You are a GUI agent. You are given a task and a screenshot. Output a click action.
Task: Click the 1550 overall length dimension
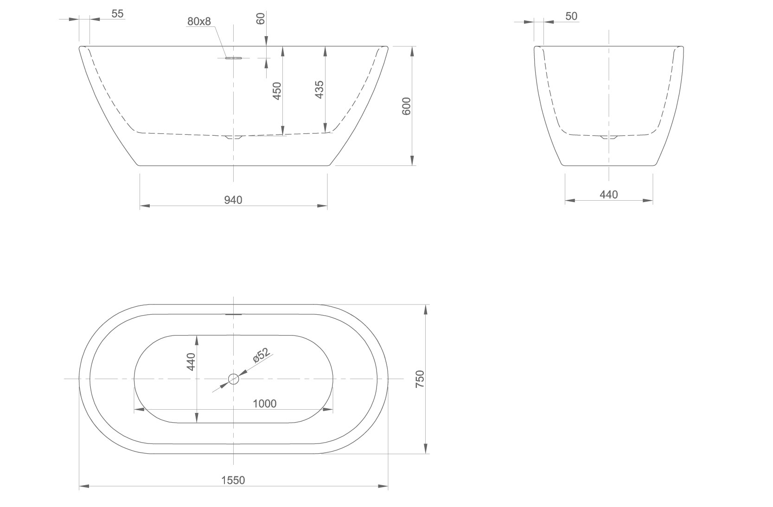tap(233, 480)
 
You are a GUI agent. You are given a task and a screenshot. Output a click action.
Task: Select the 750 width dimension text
tap(420, 379)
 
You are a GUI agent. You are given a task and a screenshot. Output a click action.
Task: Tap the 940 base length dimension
tap(233, 200)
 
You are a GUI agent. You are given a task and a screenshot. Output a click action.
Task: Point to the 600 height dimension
tap(407, 106)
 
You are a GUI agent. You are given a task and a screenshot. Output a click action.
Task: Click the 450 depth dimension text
tap(277, 91)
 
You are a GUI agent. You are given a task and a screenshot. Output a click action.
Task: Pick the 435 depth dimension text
tap(319, 89)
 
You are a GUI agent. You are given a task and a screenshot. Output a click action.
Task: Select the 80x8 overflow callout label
tap(199, 21)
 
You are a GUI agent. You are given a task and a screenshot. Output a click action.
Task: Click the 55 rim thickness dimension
tap(118, 14)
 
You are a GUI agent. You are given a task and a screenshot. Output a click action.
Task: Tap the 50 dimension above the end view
tap(571, 16)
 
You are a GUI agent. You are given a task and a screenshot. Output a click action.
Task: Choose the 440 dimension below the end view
tap(609, 195)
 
